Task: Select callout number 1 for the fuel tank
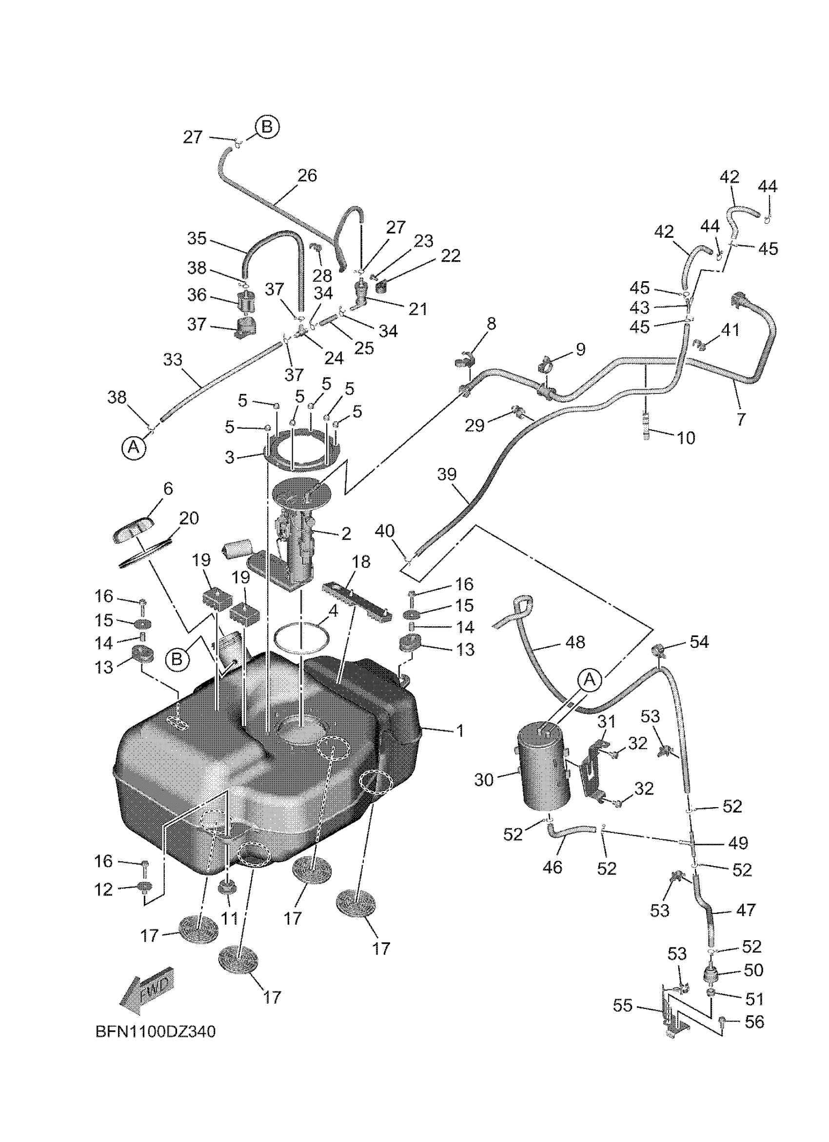(459, 731)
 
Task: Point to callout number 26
(307, 175)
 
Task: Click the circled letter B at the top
(267, 127)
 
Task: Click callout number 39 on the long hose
(447, 474)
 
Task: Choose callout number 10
(686, 438)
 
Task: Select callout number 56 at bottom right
(754, 1022)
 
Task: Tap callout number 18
(362, 562)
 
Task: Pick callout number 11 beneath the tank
(230, 917)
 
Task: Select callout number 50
(753, 970)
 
